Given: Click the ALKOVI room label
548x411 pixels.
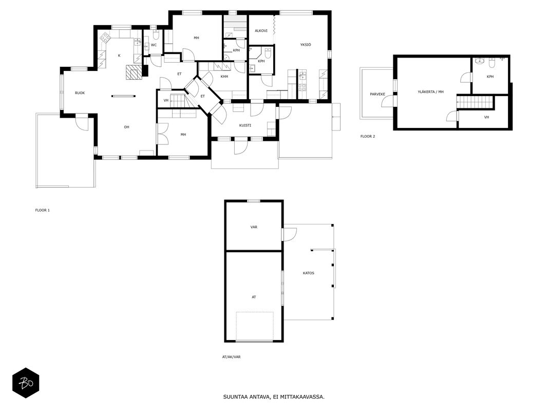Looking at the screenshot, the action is [x=261, y=31].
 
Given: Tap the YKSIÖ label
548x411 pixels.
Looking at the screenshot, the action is [x=306, y=45].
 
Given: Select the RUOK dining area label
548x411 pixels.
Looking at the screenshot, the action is [x=80, y=93].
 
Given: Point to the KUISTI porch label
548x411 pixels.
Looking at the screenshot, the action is [x=245, y=125].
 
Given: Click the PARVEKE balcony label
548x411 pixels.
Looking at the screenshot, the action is [x=377, y=94].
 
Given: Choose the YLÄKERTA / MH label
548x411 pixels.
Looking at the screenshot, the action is [x=430, y=92].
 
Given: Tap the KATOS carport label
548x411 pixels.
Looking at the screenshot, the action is [x=309, y=273].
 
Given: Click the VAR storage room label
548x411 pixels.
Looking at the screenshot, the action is [x=254, y=227].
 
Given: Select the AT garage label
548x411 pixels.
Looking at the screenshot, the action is [x=254, y=297].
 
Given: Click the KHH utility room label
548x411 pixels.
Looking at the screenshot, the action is [x=224, y=77].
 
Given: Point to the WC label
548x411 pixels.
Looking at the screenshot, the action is [x=154, y=45].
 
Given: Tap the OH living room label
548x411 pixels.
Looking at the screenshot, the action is [x=126, y=127].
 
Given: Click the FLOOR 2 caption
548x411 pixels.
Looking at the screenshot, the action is [x=368, y=136].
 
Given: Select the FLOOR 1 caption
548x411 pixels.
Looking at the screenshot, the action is [x=42, y=211].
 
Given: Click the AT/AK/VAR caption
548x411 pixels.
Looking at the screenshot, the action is [x=231, y=357].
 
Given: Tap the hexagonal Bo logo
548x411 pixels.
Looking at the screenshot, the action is [x=26, y=383].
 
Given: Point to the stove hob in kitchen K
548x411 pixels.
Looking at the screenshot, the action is [x=105, y=38].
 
